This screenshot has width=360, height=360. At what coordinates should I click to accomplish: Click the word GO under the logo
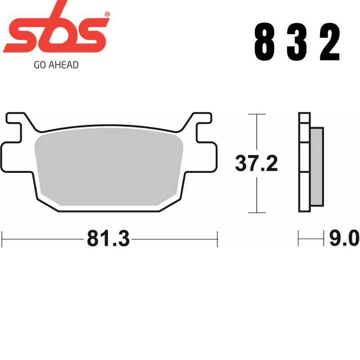pyautogui.click(x=39, y=65)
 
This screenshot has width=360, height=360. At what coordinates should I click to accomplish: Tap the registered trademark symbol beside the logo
pyautogui.click(x=107, y=14)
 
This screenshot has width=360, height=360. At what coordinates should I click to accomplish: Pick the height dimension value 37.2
pyautogui.click(x=256, y=164)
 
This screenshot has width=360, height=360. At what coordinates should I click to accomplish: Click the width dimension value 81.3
pyautogui.click(x=108, y=239)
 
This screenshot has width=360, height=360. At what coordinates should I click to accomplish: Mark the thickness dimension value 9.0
pyautogui.click(x=344, y=238)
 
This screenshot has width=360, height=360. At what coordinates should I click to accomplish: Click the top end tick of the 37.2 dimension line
pyautogui.click(x=256, y=114)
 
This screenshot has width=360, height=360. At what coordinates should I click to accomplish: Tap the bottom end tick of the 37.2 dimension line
pyautogui.click(x=256, y=212)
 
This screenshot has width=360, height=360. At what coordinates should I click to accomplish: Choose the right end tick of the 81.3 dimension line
pyautogui.click(x=217, y=239)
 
